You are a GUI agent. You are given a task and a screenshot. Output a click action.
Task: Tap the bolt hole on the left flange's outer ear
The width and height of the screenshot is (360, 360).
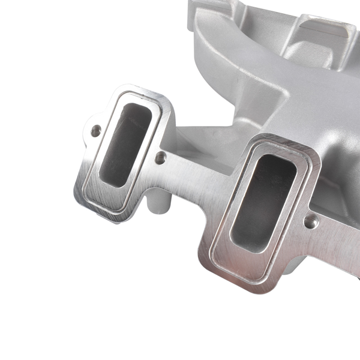(x=95, y=130)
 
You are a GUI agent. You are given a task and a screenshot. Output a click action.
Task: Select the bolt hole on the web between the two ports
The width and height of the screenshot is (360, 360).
(x=160, y=158)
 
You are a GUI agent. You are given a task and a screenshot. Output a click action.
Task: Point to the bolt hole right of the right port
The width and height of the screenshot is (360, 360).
(x=309, y=222)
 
